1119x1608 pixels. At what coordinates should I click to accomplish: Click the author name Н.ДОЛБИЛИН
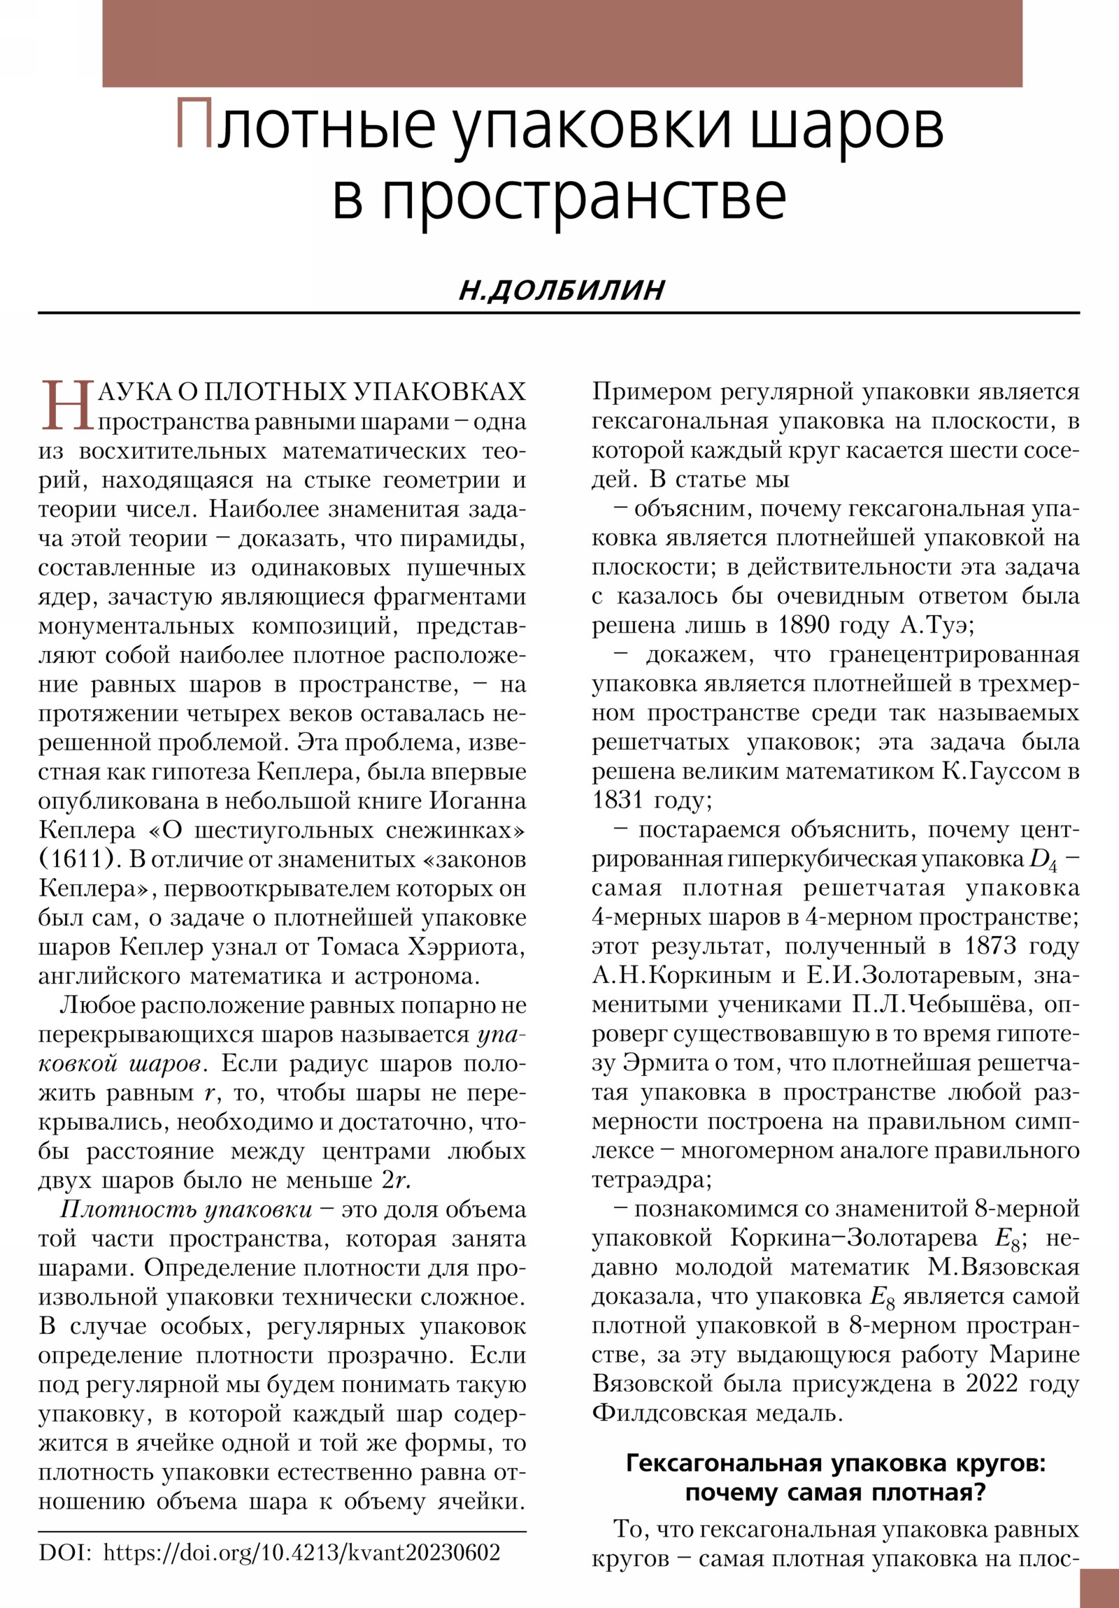coord(562,290)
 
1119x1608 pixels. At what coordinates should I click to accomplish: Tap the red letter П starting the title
coord(194,124)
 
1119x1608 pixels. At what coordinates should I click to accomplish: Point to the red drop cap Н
coord(67,406)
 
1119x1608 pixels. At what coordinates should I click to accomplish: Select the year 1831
coord(618,800)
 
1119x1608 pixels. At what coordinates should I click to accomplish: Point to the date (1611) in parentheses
coord(76,859)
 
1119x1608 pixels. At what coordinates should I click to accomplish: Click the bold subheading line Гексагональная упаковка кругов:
coord(835,1464)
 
